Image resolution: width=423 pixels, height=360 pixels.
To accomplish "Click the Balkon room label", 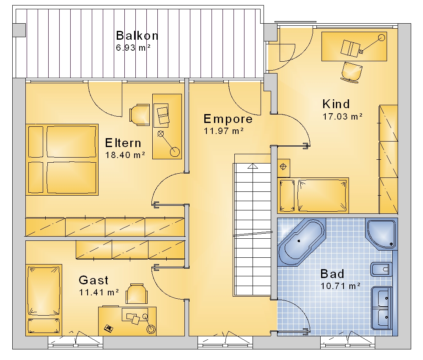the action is (137, 35).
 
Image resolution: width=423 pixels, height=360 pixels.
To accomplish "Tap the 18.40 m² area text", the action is (125, 155).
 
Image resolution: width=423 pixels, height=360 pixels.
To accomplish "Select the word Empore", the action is (228, 119).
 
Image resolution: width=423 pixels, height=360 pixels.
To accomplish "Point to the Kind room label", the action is (336, 104).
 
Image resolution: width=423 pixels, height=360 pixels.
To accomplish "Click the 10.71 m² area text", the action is (341, 286).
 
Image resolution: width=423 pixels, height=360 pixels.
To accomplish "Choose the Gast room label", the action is (93, 280).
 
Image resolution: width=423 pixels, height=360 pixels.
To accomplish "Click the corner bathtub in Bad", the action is (301, 242).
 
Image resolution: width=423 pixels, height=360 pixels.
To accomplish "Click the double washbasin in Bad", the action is (382, 308).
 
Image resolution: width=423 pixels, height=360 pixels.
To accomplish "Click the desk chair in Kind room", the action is (352, 71).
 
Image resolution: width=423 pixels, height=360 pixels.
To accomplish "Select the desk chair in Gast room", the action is (137, 294).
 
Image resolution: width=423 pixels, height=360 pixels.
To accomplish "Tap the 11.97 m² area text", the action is (224, 131).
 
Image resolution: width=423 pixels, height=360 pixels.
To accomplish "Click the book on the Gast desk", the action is (108, 328).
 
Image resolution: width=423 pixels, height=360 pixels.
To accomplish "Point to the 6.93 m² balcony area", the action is (133, 48).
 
